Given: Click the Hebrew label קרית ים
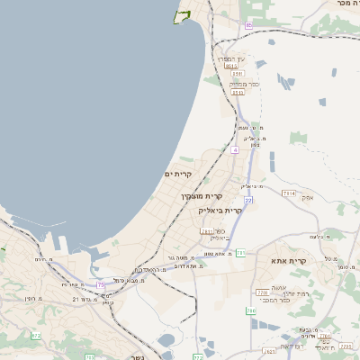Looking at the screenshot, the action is point(179,173).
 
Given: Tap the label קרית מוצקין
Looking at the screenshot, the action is point(201,195).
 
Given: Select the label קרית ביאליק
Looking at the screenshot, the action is point(220,210).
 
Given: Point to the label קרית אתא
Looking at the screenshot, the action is point(289,260).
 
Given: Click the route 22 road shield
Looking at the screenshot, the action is point(248,200).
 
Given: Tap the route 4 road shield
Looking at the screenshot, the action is point(234,150).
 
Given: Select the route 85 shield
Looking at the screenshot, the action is point(248,25).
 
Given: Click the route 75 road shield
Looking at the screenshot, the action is point(101,284).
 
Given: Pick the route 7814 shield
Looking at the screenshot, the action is point(288,193).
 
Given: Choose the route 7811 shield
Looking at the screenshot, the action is point(206,231).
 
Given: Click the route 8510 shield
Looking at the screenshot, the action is point(232,66).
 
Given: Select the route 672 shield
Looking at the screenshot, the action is point(36,336).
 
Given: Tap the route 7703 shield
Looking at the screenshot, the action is point(346,346).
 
